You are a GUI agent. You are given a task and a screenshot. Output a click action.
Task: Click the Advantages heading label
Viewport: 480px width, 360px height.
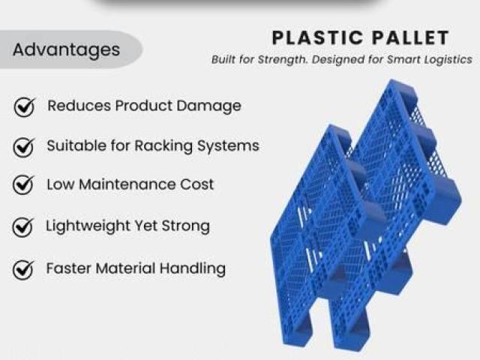tap(66, 49)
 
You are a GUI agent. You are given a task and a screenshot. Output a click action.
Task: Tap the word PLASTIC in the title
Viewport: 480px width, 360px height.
tap(317, 38)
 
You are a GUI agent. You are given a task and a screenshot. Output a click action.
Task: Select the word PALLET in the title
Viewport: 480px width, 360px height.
tap(410, 38)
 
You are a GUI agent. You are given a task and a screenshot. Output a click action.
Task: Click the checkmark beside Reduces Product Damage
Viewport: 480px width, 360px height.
tap(24, 106)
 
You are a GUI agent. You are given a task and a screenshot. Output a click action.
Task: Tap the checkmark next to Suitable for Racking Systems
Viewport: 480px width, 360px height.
tap(23, 147)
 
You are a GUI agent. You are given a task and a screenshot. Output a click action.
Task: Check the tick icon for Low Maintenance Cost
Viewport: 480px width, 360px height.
tap(23, 185)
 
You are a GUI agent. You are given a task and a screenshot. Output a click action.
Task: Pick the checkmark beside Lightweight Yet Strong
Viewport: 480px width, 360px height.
tap(23, 227)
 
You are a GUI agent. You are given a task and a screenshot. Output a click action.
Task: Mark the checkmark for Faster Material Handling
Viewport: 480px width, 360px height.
tap(23, 270)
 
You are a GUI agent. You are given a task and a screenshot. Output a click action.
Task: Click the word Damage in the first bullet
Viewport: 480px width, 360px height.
tap(208, 106)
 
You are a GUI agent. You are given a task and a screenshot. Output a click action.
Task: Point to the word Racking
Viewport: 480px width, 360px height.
tap(163, 146)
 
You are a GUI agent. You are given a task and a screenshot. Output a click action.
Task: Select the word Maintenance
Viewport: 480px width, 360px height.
tap(127, 184)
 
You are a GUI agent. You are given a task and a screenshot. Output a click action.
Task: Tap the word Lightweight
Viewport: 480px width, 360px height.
tap(88, 226)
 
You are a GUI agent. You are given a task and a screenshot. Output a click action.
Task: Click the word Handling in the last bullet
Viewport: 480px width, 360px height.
tap(193, 268)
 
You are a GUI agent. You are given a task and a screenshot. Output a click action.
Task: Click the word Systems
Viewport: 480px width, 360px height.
tap(228, 146)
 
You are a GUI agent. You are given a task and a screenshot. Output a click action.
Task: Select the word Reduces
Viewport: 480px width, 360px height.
tap(79, 106)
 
